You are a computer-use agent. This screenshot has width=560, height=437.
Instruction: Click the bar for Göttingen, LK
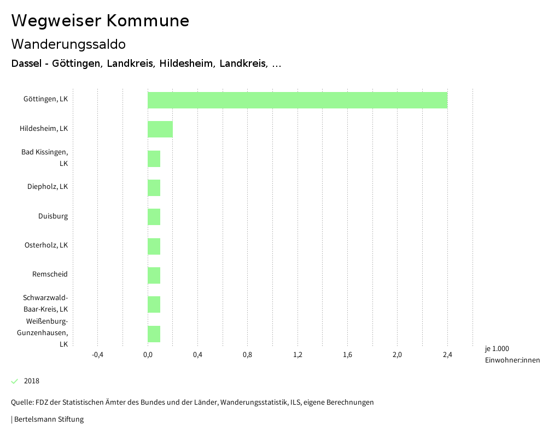tap(297, 100)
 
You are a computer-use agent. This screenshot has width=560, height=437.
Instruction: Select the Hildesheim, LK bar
tap(160, 129)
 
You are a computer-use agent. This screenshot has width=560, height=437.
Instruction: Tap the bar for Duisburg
tap(154, 217)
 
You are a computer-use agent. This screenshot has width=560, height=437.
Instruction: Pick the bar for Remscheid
tap(154, 275)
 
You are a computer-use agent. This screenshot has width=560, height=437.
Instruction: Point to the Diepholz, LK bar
tap(154, 188)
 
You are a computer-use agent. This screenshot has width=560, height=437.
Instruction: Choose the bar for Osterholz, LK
tap(154, 246)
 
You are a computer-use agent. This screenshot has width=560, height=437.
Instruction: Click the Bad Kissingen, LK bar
tap(154, 159)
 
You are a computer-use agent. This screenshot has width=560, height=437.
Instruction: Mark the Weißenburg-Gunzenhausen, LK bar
tap(154, 334)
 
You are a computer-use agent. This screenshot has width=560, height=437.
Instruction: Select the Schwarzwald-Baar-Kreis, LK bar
tap(154, 304)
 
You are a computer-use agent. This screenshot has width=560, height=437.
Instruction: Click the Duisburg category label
tap(53, 216)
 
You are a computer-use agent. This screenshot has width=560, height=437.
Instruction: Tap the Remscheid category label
tap(50, 274)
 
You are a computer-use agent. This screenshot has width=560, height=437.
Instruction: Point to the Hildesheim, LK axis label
tap(44, 129)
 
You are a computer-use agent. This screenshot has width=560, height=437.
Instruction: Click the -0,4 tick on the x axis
tap(97, 355)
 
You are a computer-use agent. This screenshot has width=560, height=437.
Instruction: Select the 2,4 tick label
tap(447, 355)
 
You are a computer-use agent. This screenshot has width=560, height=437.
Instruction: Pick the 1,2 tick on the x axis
tap(297, 355)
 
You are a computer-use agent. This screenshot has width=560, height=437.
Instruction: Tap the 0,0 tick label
tap(148, 355)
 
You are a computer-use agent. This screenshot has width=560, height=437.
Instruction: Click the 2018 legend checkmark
tap(15, 381)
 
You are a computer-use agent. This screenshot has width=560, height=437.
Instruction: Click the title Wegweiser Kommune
tap(100, 21)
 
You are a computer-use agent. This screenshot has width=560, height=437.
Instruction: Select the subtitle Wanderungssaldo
tap(68, 44)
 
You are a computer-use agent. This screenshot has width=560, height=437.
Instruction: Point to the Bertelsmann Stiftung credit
tap(48, 419)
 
